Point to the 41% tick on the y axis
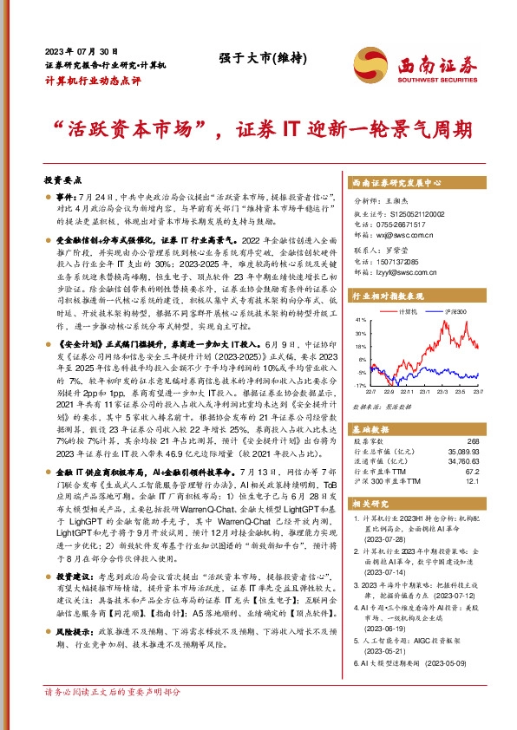pyautogui.click(x=362, y=320)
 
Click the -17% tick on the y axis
pyautogui.click(x=361, y=384)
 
